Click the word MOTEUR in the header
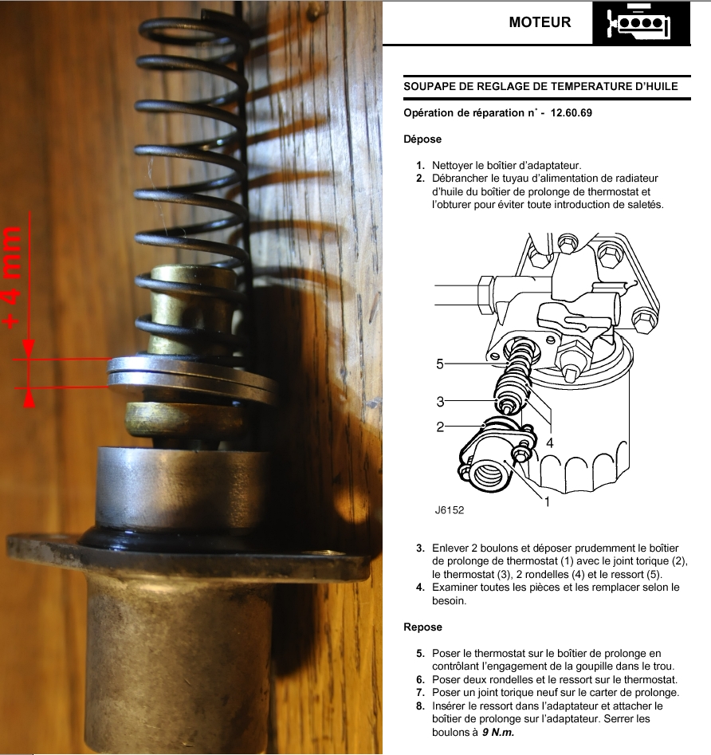(540, 22)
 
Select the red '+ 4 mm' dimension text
(13, 277)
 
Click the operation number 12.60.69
(572, 112)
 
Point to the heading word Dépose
(422, 140)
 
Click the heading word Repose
(422, 627)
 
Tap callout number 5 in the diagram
(439, 364)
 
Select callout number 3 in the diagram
(440, 402)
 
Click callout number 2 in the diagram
(440, 427)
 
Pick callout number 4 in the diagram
(550, 442)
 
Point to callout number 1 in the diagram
(547, 501)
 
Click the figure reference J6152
(449, 510)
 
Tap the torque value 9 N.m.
(498, 733)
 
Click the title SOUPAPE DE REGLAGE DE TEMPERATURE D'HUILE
(540, 87)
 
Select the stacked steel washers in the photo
(191, 378)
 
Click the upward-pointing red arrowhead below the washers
(29, 398)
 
